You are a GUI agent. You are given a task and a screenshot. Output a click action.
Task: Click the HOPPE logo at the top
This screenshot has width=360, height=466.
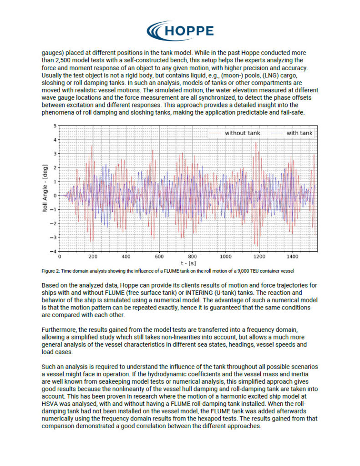[180, 30]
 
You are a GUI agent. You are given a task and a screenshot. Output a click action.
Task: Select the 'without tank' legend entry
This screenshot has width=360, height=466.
[241, 133]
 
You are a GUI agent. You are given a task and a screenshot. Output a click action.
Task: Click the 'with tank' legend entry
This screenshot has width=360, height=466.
[299, 133]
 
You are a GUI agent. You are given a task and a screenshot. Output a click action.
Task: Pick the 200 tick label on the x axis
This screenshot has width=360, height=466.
[93, 256]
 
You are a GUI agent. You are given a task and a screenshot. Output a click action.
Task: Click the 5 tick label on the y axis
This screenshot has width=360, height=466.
[55, 126]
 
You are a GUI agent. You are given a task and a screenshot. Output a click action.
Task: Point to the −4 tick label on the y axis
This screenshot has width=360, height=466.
[54, 251]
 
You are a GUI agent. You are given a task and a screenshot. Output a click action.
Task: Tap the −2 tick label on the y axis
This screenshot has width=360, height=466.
[54, 223]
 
